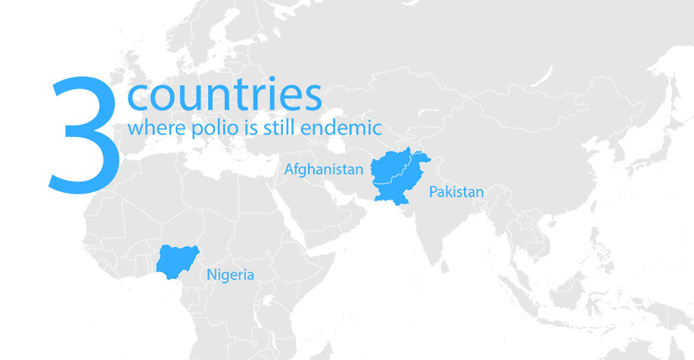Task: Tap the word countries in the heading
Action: click(225, 96)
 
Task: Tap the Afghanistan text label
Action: click(323, 169)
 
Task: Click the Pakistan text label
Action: click(456, 192)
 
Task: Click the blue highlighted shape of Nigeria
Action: click(179, 259)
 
